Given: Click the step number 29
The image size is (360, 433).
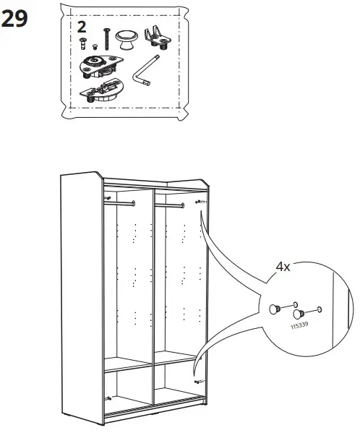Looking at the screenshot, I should coord(16,20).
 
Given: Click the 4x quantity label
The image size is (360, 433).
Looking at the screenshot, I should coord(283,267).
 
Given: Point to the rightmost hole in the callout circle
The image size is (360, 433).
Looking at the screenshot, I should coord(320,312).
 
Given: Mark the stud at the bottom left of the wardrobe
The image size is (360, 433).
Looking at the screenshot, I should coord(108,397).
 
